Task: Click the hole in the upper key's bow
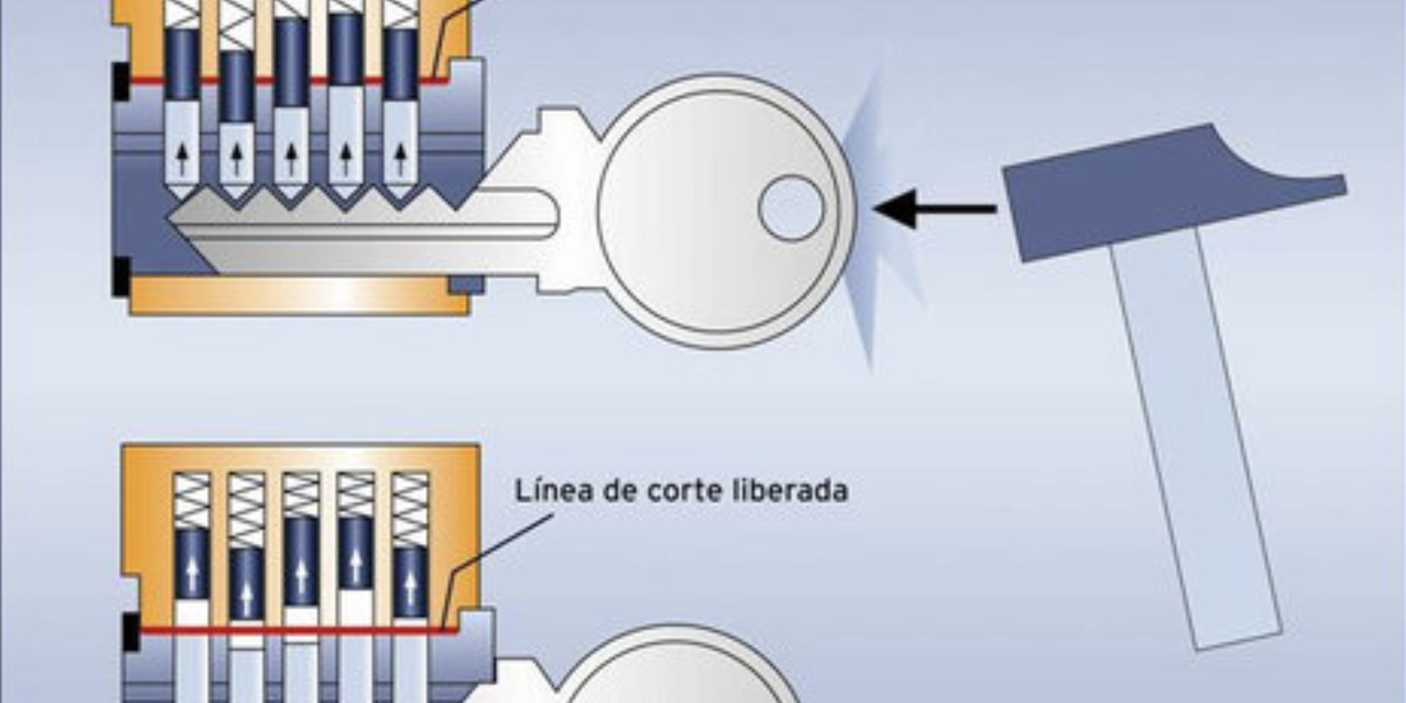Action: point(791,208)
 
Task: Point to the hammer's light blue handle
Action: point(1195,437)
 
